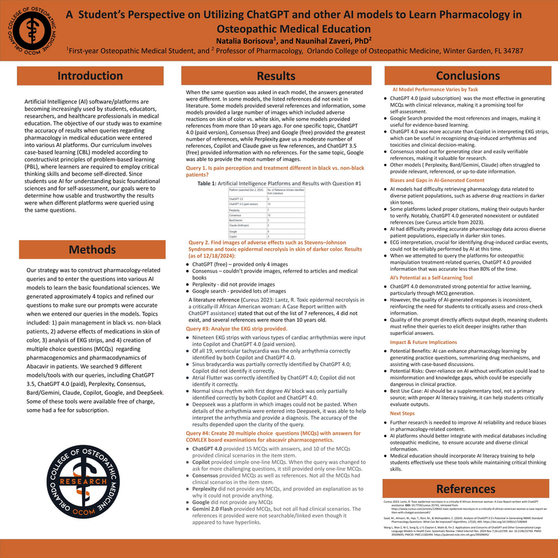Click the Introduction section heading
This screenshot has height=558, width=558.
point(90,76)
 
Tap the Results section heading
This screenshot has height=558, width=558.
point(276,76)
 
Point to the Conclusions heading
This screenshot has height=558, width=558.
point(467,76)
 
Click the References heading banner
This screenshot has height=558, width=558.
point(466,488)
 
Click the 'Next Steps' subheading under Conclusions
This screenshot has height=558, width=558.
point(402,413)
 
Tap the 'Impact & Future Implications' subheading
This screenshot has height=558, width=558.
point(423,342)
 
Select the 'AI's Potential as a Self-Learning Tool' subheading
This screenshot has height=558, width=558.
point(431,278)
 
